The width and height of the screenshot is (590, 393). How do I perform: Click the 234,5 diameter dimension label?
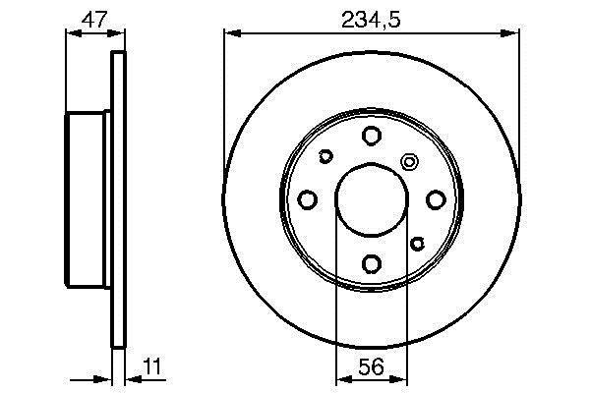371,21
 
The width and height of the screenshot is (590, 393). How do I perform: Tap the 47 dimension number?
94,20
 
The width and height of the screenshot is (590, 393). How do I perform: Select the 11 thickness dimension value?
152,366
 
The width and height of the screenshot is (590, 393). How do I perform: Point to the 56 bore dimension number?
371,366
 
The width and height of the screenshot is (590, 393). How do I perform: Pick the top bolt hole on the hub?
372,136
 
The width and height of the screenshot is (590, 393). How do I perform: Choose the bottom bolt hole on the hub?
372,263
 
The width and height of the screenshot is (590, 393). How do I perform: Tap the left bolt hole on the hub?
308,199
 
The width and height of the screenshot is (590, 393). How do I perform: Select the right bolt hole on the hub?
436,199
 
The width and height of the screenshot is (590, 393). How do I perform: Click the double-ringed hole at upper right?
409,162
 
